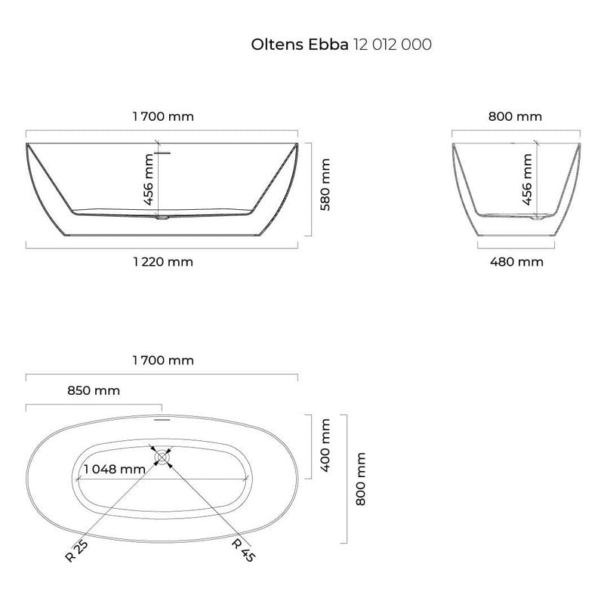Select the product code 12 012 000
click(392, 45)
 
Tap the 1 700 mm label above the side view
click(162, 116)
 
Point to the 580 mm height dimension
click(325, 185)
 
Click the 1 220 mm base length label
click(162, 262)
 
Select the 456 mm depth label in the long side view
click(148, 180)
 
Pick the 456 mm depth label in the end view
click(527, 180)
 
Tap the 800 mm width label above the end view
click(515, 116)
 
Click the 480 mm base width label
click(516, 262)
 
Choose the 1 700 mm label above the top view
click(162, 360)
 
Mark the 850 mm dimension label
click(93, 390)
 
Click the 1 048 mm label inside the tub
click(114, 469)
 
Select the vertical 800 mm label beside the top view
click(360, 479)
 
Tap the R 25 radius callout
click(72, 552)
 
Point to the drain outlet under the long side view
click(162, 220)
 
